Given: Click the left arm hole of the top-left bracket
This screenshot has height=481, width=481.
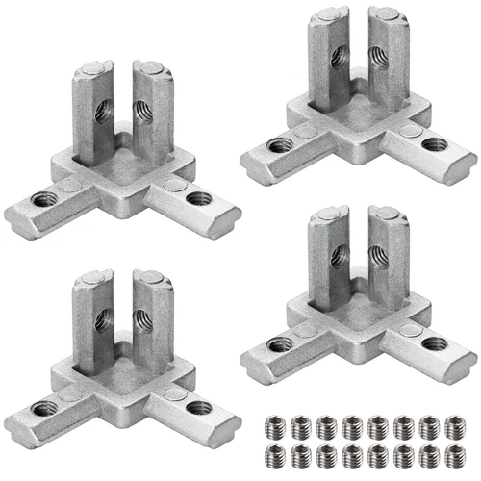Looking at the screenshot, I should [41, 200].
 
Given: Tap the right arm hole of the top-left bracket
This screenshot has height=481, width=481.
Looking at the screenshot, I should [199, 199].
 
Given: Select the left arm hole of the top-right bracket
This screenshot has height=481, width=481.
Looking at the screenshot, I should [280, 146].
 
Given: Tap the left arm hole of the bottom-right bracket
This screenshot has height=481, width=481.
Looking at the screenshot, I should [280, 344].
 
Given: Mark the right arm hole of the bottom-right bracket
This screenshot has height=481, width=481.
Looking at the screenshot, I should [432, 343].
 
